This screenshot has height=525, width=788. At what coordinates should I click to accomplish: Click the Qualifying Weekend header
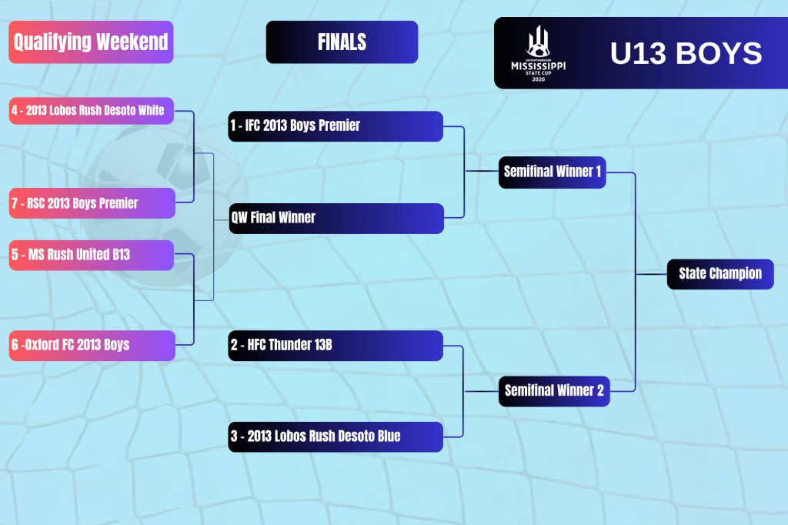pyautogui.click(x=91, y=42)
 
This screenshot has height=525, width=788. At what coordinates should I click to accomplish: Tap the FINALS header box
pyautogui.click(x=342, y=42)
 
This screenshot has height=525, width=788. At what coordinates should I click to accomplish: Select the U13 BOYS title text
pyautogui.click(x=686, y=53)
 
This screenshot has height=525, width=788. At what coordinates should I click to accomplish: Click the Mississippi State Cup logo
pyautogui.click(x=538, y=53)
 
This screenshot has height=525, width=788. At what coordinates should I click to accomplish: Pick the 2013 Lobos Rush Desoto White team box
pyautogui.click(x=92, y=111)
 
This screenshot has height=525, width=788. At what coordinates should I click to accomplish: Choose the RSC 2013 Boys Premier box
pyautogui.click(x=92, y=203)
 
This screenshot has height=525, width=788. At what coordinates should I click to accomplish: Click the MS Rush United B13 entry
pyautogui.click(x=92, y=255)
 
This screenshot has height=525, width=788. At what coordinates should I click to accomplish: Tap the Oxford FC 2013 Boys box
pyautogui.click(x=92, y=346)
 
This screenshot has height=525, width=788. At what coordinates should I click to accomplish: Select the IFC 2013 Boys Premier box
pyautogui.click(x=336, y=125)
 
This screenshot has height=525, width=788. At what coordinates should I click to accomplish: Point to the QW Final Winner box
pyautogui.click(x=336, y=219)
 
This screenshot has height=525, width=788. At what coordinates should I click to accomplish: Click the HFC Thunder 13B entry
pyautogui.click(x=336, y=346)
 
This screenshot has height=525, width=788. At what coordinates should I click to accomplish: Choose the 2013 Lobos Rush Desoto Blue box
pyautogui.click(x=336, y=437)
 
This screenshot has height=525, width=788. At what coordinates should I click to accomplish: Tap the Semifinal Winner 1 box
pyautogui.click(x=553, y=172)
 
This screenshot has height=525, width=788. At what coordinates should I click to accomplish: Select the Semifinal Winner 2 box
pyautogui.click(x=554, y=391)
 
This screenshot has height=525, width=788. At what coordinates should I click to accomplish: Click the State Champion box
pyautogui.click(x=720, y=274)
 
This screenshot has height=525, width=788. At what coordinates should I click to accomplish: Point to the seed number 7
pyautogui.click(x=15, y=203)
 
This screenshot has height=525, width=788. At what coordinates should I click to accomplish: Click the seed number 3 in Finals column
pyautogui.click(x=234, y=436)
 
